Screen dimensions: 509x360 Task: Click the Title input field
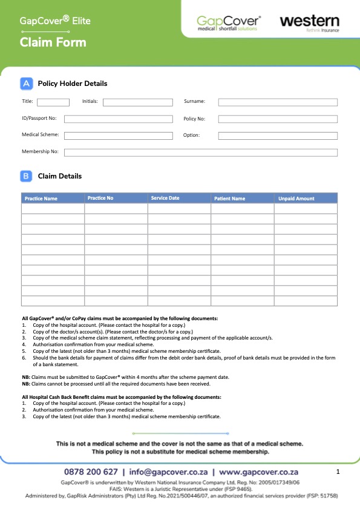(53, 102)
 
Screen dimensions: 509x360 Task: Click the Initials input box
(129, 102)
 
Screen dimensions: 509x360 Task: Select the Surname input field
(278, 102)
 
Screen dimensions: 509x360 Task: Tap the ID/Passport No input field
(117, 119)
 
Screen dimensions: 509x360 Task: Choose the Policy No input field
(278, 119)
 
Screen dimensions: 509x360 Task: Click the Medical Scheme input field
(117, 136)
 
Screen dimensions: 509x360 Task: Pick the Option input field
(278, 136)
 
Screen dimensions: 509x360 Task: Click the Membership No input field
(201, 152)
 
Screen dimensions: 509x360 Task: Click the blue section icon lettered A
(27, 84)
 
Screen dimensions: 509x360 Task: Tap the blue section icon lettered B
(27, 176)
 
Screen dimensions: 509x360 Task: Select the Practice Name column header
(41, 199)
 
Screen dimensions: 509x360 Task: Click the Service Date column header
(165, 198)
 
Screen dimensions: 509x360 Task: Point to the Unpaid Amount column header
(296, 199)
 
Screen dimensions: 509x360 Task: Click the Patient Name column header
(230, 199)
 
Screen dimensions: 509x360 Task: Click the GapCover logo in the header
(229, 23)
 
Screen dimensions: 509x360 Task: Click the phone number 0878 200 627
(91, 471)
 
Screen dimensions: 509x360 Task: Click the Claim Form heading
(53, 42)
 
